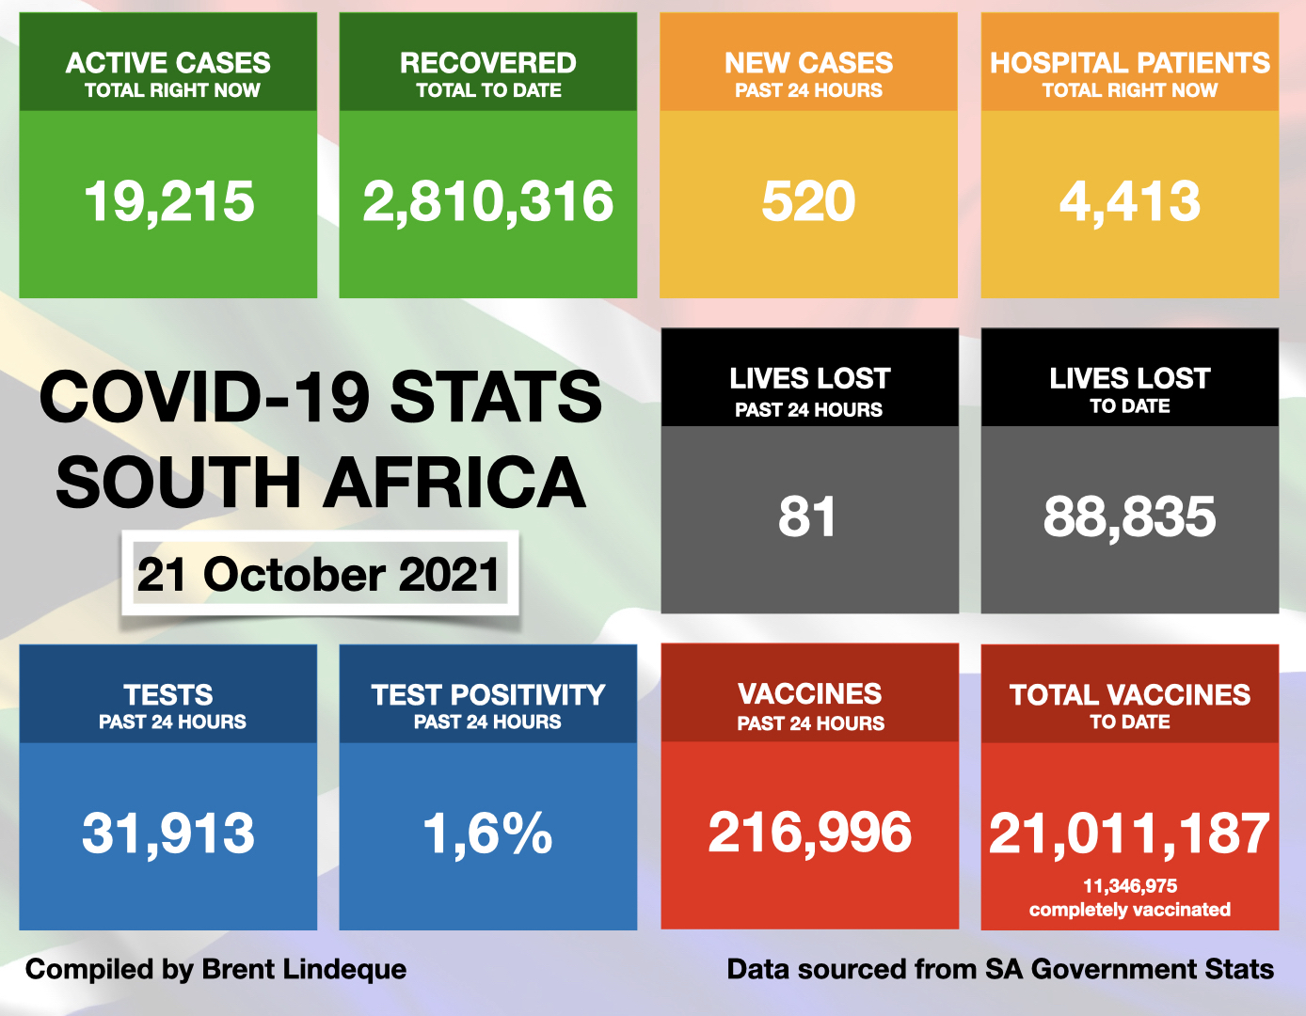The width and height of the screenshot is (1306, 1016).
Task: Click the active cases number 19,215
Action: coord(169,201)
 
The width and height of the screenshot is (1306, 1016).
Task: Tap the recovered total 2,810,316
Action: coord(488,201)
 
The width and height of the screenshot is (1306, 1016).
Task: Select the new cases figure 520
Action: coord(808,201)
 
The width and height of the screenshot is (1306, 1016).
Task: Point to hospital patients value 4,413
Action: coord(1130,201)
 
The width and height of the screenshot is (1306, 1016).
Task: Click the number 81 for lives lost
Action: coord(807,516)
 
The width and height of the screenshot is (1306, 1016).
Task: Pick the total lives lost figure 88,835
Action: coord(1129,516)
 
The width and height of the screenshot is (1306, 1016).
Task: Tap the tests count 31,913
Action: coord(168,833)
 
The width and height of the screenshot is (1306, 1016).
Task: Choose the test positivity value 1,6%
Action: coord(487,833)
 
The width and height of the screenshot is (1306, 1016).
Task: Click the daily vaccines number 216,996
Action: coord(810,833)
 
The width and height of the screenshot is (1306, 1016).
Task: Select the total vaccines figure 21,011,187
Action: coord(1129,834)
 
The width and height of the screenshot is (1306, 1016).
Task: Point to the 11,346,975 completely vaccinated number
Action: coord(1130,886)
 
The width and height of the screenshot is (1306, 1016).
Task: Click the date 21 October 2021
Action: coord(318,575)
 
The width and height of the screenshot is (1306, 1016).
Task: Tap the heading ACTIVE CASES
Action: coord(168,63)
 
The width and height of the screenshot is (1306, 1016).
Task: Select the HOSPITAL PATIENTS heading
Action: coord(1130,63)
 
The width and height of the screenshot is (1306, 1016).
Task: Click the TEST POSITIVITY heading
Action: coord(487,695)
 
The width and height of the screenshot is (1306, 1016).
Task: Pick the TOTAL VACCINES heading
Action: coord(1130,695)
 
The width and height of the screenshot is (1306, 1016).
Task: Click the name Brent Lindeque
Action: coord(304,969)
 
